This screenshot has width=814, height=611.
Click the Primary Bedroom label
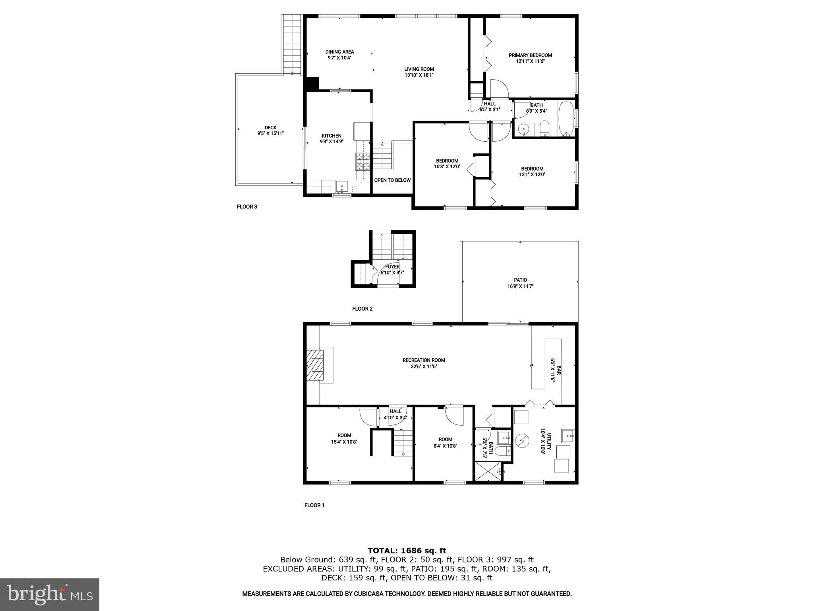pos(530,55)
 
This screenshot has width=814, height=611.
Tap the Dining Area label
pos(339,52)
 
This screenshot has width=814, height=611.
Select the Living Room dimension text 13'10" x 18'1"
pos(419,75)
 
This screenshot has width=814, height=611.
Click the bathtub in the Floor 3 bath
pos(566,119)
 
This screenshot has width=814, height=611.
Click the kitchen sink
pos(342,187)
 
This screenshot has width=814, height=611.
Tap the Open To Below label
pos(392,180)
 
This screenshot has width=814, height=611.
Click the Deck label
pos(271,128)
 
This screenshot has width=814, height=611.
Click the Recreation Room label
pos(424,360)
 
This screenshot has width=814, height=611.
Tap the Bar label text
pos(558,370)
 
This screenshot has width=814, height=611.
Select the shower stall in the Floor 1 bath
pos(488,472)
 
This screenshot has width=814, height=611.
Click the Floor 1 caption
pos(314,505)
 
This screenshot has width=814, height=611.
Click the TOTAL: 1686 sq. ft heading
pos(407,551)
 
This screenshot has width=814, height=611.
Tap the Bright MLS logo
pos(50,595)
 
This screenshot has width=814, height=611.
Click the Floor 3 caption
pos(247,207)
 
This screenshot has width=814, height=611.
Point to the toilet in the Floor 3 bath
pos(545,128)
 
